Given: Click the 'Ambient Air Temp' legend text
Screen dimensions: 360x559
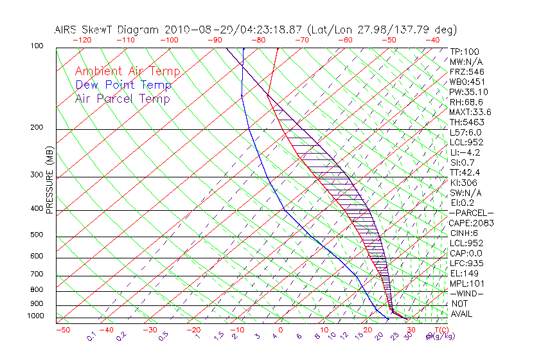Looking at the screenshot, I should pyautogui.click(x=127, y=71).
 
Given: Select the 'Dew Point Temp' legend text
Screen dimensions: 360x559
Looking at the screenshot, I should pyautogui.click(x=123, y=85).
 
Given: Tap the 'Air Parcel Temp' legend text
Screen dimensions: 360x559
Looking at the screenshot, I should pyautogui.click(x=122, y=98).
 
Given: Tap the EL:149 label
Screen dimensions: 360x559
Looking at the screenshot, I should pyautogui.click(x=463, y=273).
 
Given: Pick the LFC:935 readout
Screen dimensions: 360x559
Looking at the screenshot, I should pyautogui.click(x=466, y=264).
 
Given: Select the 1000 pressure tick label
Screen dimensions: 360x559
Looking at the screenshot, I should pyautogui.click(x=36, y=316).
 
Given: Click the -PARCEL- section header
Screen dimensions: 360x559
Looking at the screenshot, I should pyautogui.click(x=472, y=213).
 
